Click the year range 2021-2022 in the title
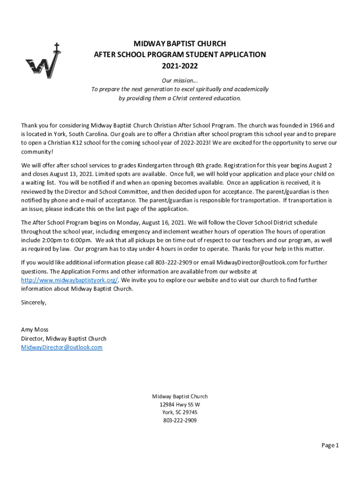(x=180, y=65)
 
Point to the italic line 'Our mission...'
(x=180, y=80)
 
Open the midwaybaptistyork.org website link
(x=69, y=280)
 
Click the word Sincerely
(x=34, y=302)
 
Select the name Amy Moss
(x=35, y=329)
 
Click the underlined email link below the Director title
(x=62, y=348)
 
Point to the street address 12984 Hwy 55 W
(x=180, y=405)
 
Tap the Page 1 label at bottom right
(x=330, y=445)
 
